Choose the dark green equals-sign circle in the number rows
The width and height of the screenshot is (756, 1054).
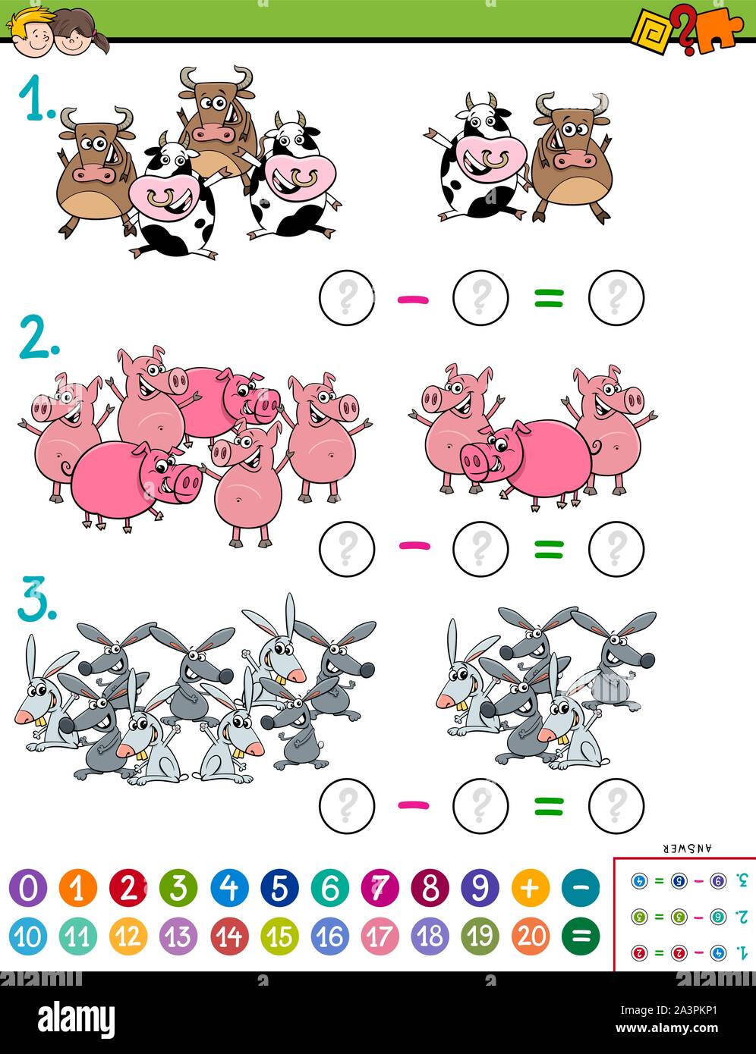(580, 936)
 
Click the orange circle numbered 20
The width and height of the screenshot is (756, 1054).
(530, 936)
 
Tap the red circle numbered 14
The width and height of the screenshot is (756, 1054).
(228, 936)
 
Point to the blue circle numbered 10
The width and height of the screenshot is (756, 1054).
(27, 936)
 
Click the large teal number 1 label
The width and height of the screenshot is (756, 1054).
(35, 102)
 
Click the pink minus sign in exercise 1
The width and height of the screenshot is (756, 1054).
(414, 300)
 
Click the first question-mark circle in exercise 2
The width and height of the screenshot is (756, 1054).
(346, 547)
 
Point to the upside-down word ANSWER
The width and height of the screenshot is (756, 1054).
(687, 849)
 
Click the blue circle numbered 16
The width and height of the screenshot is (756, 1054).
(329, 936)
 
